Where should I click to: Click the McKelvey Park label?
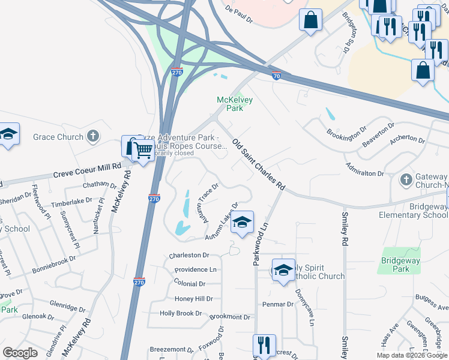pyautogui.click(x=230, y=104)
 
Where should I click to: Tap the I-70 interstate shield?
pyautogui.click(x=276, y=76)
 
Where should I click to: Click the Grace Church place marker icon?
pyautogui.click(x=92, y=137)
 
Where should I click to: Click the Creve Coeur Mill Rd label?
pyautogui.click(x=87, y=166)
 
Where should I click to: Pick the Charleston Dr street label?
pyautogui.click(x=188, y=255)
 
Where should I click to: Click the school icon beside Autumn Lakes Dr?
pyautogui.click(x=241, y=222)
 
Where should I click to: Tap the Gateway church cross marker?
pyautogui.click(x=406, y=179)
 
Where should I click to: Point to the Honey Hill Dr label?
pyautogui.click(x=193, y=299)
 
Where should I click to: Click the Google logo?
pyautogui.click(x=20, y=353)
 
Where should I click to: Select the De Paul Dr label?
pyautogui.click(x=239, y=15)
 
